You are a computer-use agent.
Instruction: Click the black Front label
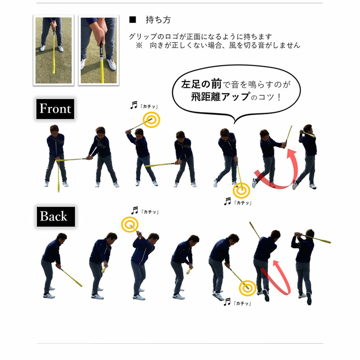tap(55, 109)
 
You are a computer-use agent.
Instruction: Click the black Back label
tap(56, 216)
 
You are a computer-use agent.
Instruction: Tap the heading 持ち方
tap(158, 20)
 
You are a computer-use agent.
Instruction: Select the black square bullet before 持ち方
tap(132, 20)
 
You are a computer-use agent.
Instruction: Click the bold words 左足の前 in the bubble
tap(201, 84)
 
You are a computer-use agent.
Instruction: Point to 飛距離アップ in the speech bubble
tap(220, 97)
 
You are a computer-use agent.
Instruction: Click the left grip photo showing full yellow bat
tap(54, 50)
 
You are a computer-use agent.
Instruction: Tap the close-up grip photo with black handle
tap(99, 50)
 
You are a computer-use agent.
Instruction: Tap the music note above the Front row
tap(134, 105)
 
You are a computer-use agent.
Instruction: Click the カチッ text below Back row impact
tap(243, 303)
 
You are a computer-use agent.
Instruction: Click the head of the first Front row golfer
tap(54, 130)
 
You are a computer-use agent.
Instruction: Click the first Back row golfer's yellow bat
tap(72, 278)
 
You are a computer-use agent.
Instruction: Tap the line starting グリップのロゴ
tap(200, 37)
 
